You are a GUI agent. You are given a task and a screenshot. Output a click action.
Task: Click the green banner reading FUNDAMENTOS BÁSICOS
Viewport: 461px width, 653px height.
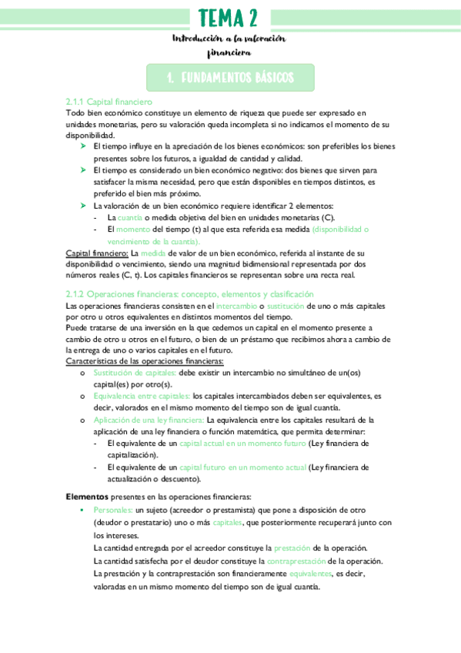tap(230, 78)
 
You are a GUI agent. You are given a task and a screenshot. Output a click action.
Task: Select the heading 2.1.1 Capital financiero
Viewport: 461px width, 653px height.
tap(109, 102)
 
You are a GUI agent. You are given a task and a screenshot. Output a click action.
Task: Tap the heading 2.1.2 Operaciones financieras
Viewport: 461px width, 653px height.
tap(179, 294)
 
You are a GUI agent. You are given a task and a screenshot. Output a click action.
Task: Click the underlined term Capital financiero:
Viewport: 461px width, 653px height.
tap(97, 253)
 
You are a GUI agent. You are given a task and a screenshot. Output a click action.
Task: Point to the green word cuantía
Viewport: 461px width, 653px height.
tap(129, 218)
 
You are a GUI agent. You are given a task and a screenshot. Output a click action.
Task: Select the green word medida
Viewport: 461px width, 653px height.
tap(151, 253)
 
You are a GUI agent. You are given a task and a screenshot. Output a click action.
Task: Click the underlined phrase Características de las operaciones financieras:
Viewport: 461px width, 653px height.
tap(145, 360)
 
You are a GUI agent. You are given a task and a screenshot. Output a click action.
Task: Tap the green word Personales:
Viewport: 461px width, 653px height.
tap(112, 510)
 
